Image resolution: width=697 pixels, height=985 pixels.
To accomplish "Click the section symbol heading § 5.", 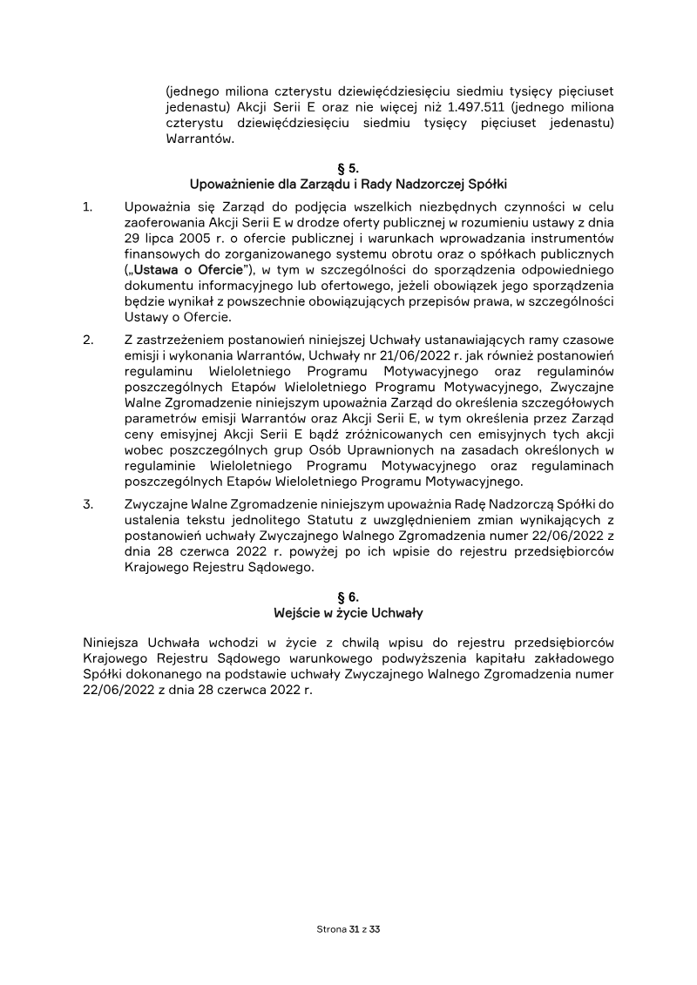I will click(348, 167).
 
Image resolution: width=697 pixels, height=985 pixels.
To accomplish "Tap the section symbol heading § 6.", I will click(348, 597).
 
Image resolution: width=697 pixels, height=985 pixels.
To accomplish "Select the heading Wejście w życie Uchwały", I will click(348, 613).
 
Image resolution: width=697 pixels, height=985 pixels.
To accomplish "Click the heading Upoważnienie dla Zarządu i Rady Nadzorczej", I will click(348, 184).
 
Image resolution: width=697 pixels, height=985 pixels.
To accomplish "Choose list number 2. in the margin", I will click(87, 339).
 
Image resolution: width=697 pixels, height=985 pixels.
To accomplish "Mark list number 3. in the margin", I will click(87, 503).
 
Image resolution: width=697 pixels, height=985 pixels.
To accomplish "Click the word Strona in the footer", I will click(330, 930).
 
